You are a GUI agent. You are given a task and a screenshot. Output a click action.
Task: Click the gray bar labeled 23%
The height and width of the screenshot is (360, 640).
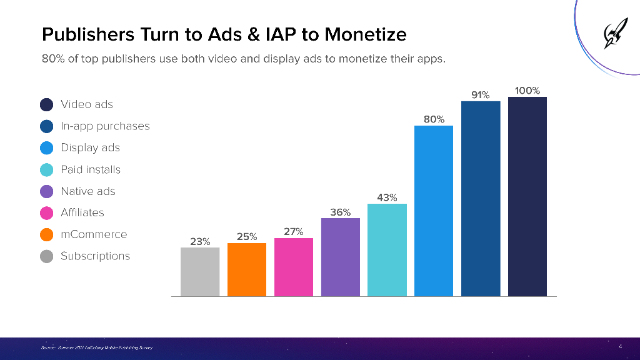(200, 271)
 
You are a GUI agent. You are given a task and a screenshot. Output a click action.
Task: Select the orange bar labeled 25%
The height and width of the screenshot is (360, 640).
(247, 269)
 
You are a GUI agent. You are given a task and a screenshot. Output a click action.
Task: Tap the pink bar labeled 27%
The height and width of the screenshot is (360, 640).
(294, 267)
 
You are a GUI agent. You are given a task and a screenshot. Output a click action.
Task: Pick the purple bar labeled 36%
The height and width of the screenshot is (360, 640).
(341, 257)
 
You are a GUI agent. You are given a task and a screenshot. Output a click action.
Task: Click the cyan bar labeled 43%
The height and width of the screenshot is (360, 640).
(387, 249)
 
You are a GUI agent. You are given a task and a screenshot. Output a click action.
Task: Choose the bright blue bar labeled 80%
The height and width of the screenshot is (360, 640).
(434, 211)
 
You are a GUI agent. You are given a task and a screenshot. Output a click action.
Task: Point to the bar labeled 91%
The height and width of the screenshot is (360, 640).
(481, 198)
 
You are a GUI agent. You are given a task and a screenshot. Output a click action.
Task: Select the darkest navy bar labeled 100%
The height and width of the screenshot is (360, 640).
(527, 196)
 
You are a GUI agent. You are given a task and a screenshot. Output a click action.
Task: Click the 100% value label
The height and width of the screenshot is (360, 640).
(527, 91)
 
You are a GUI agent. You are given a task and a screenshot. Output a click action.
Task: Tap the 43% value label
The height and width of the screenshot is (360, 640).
(387, 197)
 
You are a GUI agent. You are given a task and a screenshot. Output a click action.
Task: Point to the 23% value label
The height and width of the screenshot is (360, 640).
(200, 241)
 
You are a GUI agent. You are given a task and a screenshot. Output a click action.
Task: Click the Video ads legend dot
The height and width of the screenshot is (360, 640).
(46, 104)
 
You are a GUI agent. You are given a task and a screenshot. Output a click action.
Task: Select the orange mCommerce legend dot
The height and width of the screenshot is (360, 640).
(46, 234)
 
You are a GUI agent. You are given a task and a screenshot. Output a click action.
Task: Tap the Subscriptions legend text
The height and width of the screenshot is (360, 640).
(95, 256)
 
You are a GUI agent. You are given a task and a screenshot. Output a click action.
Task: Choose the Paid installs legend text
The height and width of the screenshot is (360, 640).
(91, 169)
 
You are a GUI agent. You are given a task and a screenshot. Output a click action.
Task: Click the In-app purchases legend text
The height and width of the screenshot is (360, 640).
(105, 126)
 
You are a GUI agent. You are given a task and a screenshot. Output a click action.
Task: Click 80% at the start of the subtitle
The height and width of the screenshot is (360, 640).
(53, 61)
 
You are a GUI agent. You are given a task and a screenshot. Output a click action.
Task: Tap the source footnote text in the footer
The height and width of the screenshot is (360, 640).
(93, 347)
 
